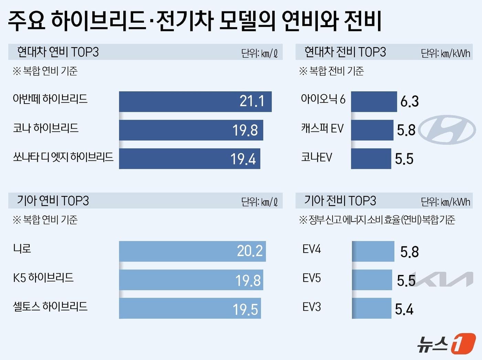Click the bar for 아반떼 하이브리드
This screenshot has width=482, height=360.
tap(195, 102)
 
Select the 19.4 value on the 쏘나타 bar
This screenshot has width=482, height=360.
tap(243, 159)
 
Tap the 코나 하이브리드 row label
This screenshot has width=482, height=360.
tap(46, 128)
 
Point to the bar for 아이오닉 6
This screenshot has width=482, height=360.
tap(374, 102)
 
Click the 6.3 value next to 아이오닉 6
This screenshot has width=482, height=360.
tap(409, 102)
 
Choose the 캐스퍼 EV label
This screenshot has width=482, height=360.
tap(322, 128)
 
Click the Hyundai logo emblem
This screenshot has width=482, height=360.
tap(447, 130)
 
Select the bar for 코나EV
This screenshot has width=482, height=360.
tap(371, 159)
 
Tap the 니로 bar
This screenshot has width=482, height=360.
tap(192, 251)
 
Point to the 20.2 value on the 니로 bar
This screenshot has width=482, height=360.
tap(250, 251)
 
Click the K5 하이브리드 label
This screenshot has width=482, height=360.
tap(43, 278)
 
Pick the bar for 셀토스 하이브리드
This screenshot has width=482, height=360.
tap(190, 308)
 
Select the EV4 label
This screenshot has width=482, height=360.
tap(312, 249)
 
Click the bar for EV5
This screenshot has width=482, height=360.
tap(372, 280)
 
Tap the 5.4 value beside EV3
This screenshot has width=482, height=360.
tap(404, 309)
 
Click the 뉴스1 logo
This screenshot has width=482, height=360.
tap(446, 343)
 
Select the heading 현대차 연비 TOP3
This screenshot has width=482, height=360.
tap(58, 52)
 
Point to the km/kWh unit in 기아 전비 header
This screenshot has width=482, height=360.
tap(455, 202)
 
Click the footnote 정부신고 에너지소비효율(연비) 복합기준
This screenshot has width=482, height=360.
tap(377, 220)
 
